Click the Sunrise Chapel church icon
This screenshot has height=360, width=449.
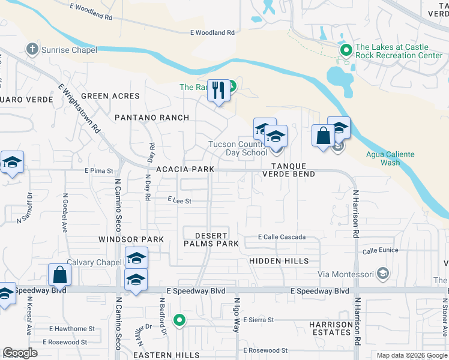click(32, 50)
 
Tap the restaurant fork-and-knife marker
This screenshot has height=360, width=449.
click(218, 91)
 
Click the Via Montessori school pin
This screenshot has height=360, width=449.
click(382, 275)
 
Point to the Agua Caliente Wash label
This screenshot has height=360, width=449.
click(390, 158)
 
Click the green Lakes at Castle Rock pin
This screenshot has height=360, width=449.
click(346, 51)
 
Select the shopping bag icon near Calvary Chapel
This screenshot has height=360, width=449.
click(60, 275)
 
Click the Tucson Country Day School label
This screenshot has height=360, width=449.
click(237, 148)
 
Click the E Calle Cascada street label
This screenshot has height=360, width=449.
click(282, 238)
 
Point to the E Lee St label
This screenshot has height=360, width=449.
click(179, 201)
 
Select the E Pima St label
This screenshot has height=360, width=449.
click(99, 171)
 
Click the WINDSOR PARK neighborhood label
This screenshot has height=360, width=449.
click(131, 239)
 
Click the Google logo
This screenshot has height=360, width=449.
click(20, 353)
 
